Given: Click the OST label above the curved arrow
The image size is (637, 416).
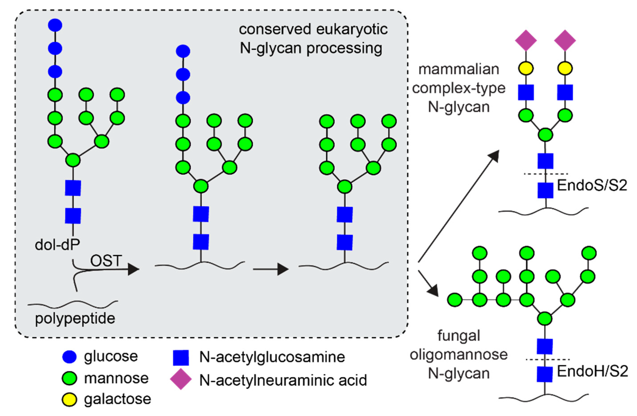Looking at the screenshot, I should (106, 261).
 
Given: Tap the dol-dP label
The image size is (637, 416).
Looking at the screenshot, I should (57, 245).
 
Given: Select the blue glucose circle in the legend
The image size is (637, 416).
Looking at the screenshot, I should (69, 357).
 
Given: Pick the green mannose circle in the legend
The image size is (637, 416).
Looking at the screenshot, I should (69, 378).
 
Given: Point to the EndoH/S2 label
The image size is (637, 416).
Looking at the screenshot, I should (592, 371).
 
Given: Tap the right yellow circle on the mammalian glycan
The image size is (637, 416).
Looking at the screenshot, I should (565, 68).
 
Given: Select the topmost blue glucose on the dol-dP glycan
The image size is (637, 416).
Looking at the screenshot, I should (55, 25).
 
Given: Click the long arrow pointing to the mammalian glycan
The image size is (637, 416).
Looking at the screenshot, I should (458, 207).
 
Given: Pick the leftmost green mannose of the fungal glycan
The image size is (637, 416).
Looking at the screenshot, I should (455, 300).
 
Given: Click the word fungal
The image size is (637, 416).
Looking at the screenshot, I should (459, 336).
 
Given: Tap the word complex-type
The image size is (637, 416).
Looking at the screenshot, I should (459, 88).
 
